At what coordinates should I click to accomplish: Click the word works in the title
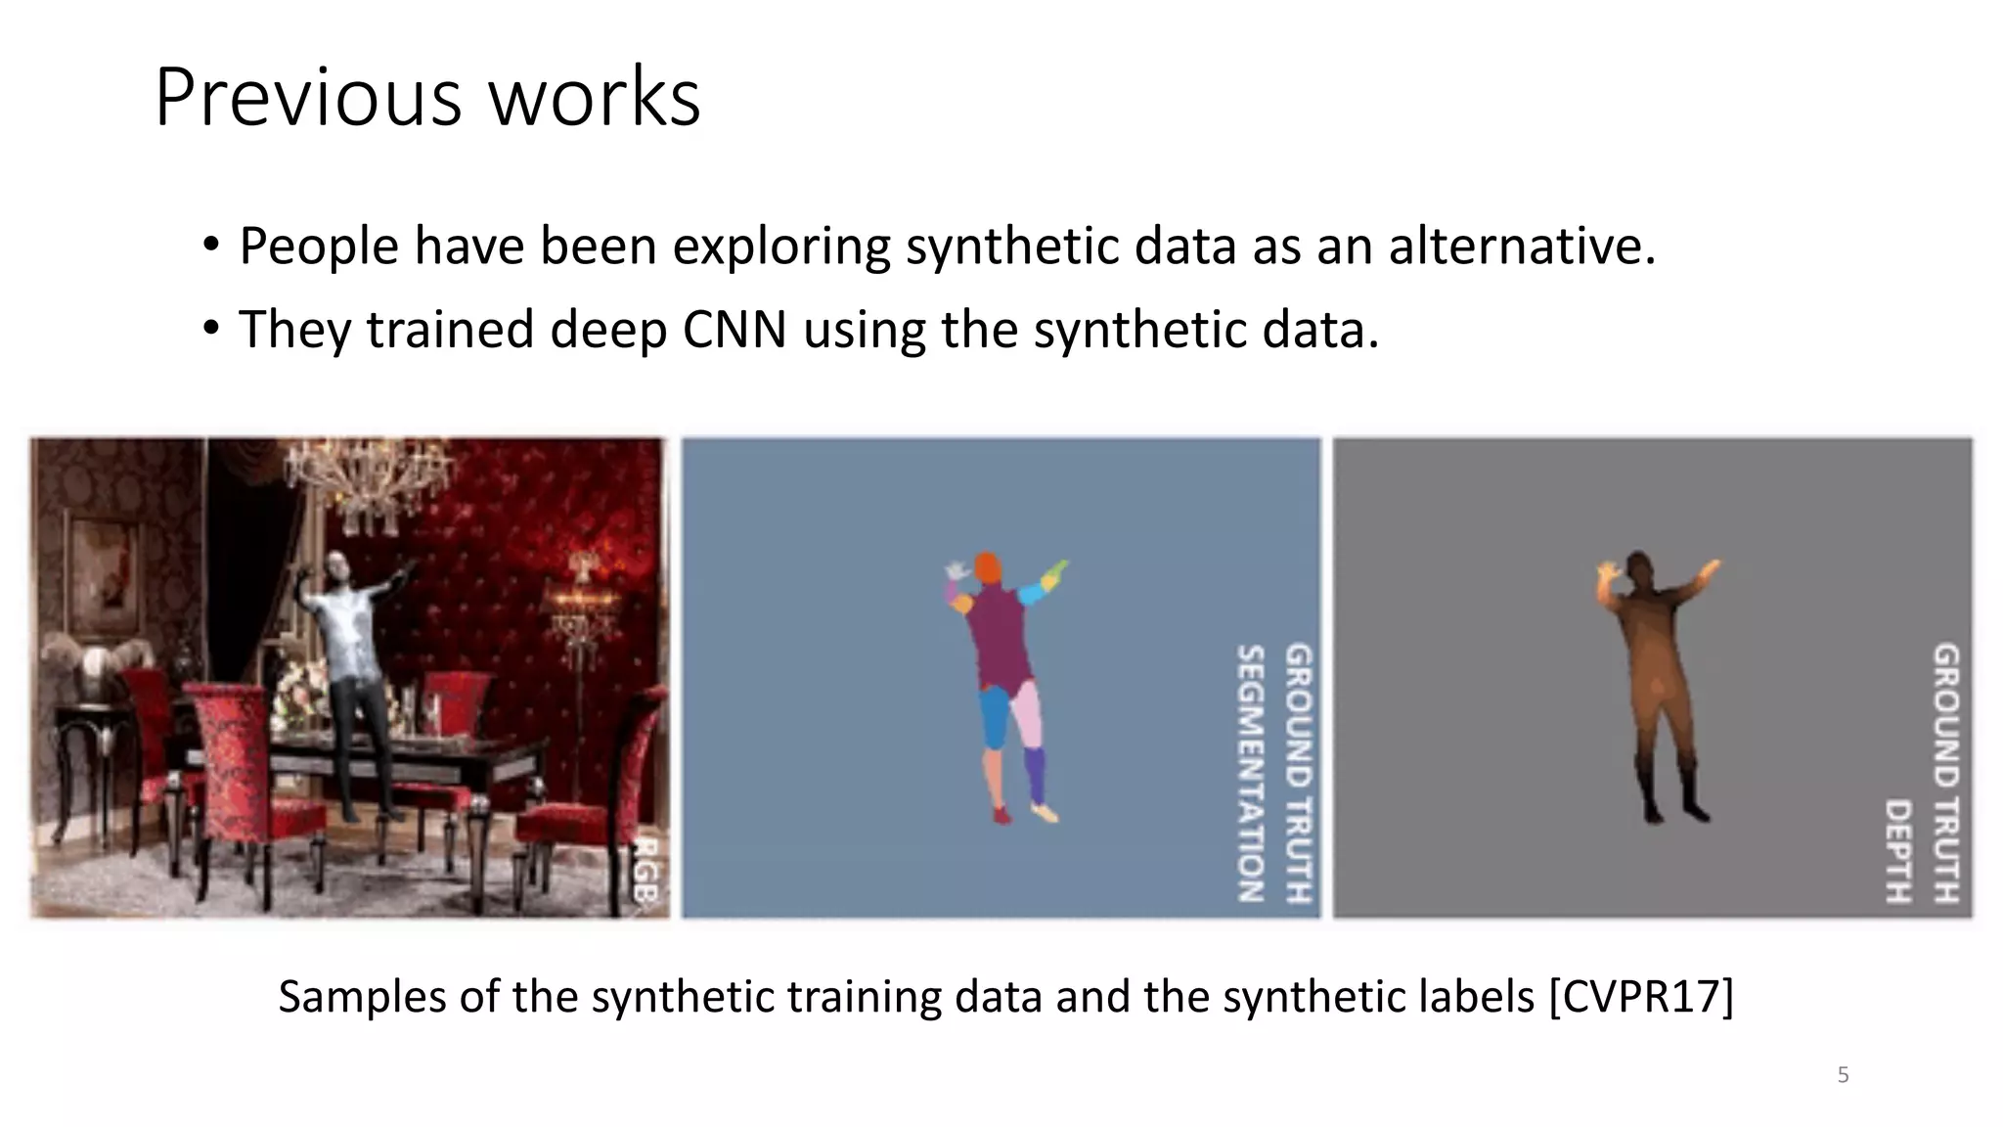pyautogui.click(x=595, y=97)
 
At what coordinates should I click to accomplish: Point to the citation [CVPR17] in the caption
pyautogui.click(x=1641, y=997)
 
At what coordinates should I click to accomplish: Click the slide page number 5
pyautogui.click(x=1843, y=1075)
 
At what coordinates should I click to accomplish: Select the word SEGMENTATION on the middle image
pyautogui.click(x=1251, y=773)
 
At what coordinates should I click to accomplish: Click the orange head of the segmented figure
pyautogui.click(x=988, y=567)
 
